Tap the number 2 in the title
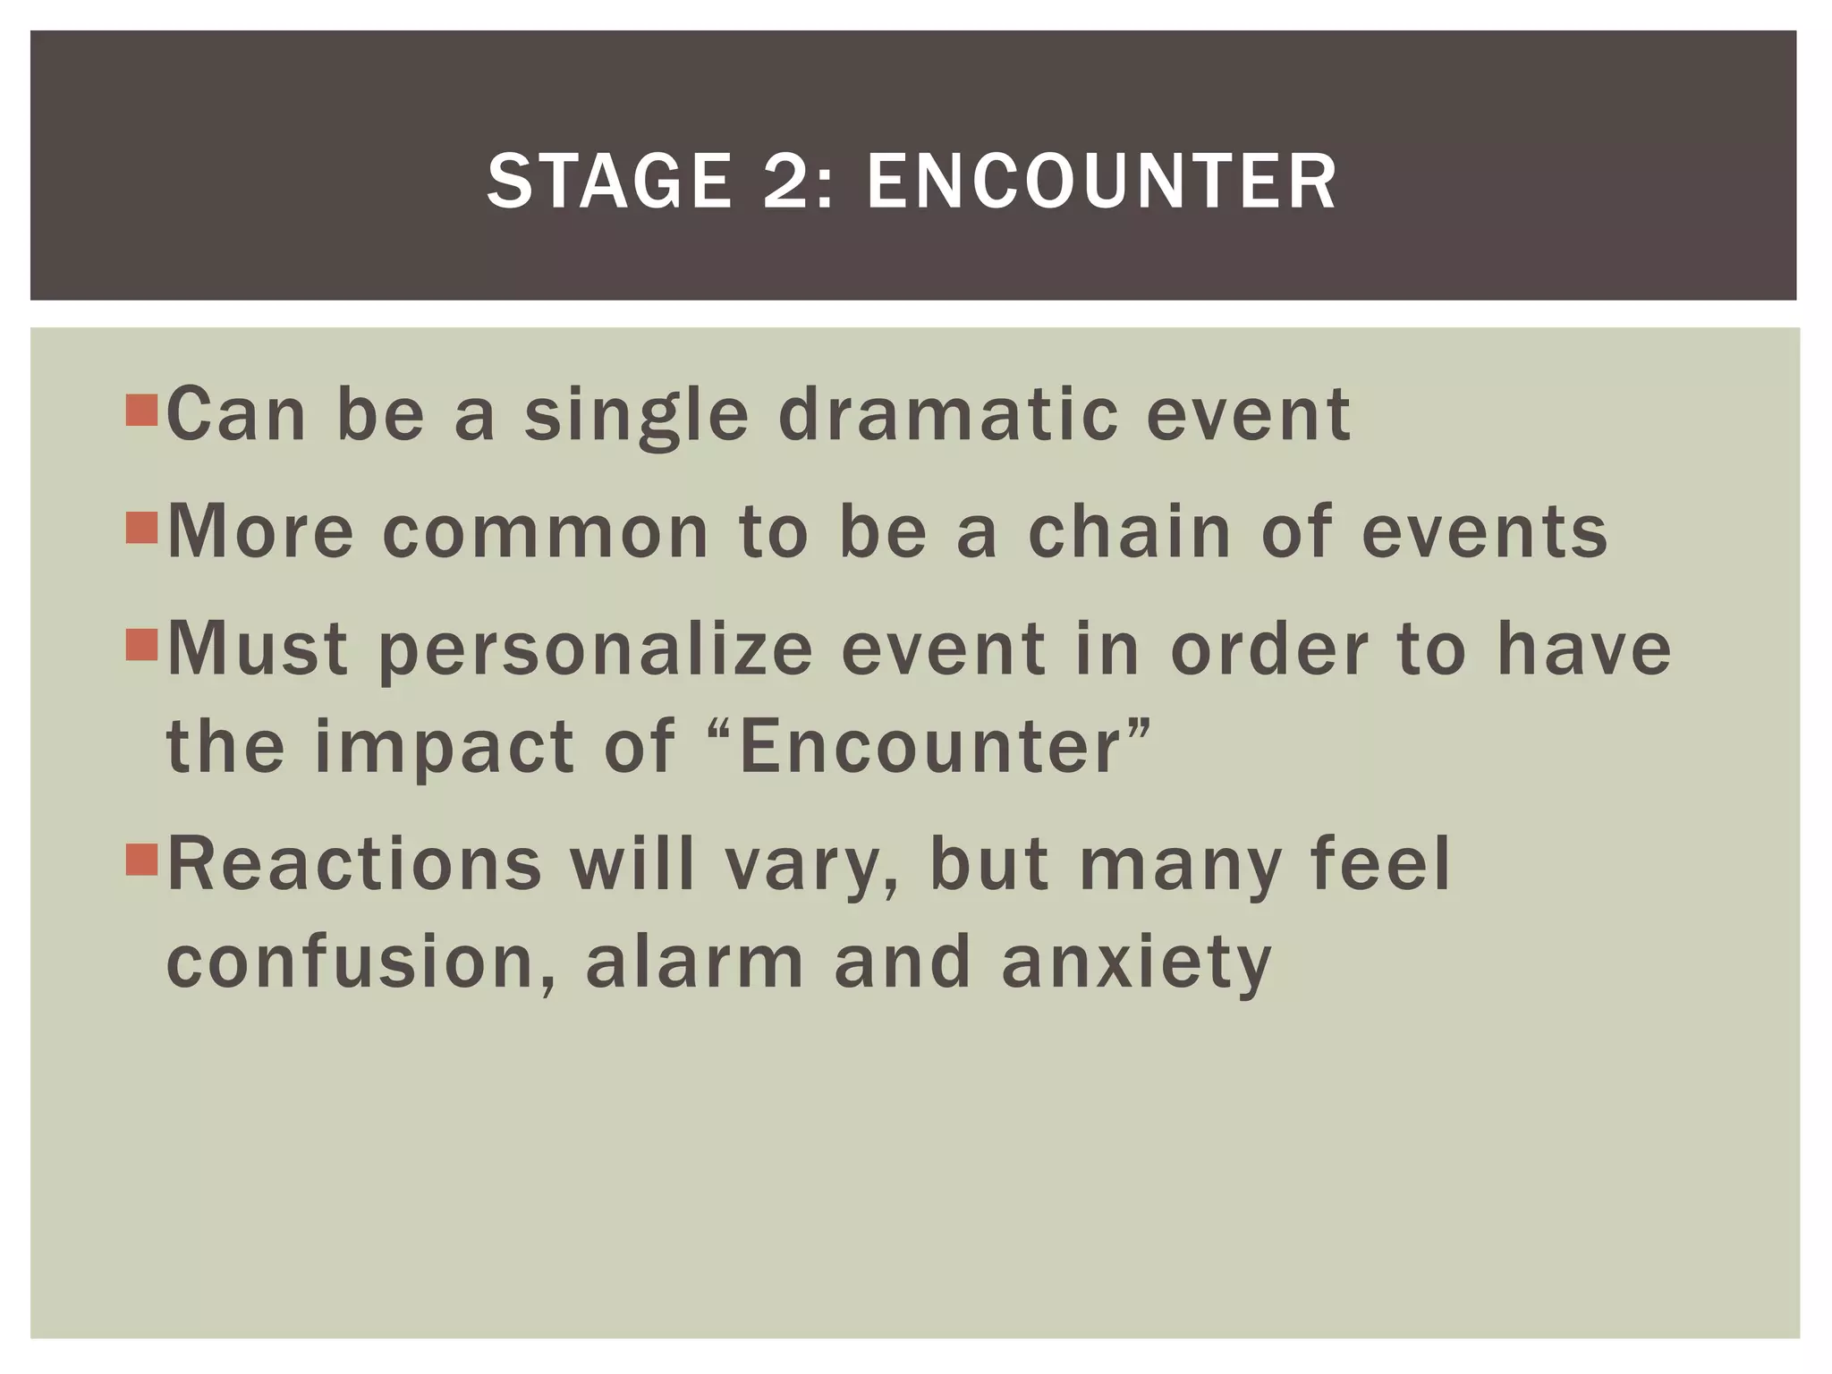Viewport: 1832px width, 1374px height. coord(795,182)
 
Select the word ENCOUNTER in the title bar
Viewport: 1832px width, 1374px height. coord(1101,182)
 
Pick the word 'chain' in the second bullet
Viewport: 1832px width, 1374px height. coord(1130,531)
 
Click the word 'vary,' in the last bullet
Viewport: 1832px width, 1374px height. coord(810,868)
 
